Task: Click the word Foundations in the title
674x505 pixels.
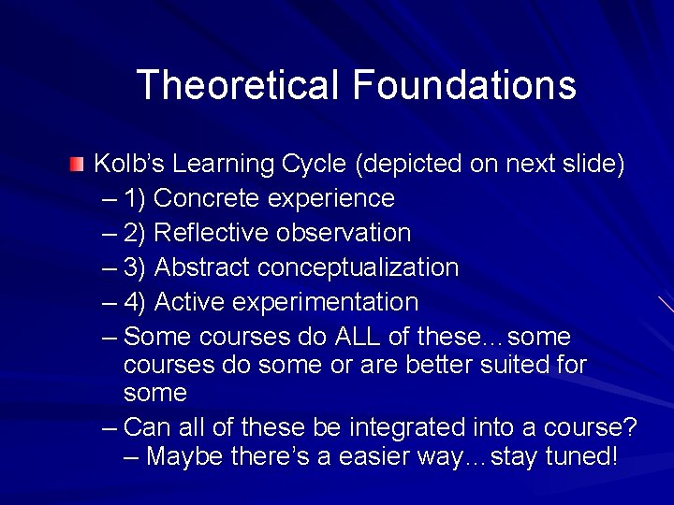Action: [464, 85]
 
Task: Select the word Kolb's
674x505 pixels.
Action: [130, 165]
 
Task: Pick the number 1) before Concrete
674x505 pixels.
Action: [135, 199]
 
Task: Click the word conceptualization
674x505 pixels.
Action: [359, 268]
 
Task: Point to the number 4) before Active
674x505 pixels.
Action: [135, 303]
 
